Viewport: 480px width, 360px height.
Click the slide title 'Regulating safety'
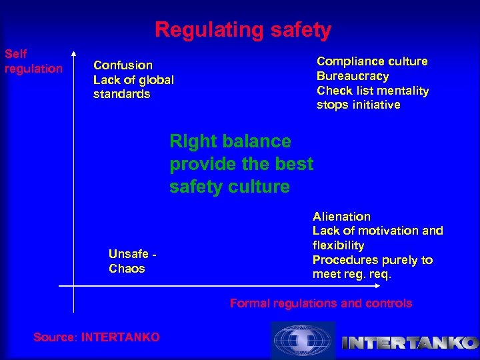243,30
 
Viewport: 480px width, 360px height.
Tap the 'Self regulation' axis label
33,61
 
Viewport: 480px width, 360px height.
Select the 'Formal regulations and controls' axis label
321,303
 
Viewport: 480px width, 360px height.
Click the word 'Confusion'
123,65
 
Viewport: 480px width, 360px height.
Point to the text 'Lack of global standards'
133,87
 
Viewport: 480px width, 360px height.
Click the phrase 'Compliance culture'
372,61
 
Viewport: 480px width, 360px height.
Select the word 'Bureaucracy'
353,76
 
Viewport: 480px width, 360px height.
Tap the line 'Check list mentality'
373,91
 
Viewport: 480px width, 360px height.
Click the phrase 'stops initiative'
358,105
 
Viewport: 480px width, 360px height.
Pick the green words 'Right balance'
230,141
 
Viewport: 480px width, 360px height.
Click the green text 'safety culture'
229,187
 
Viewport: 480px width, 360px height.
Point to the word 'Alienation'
341,217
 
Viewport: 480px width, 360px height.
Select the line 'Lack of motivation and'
377,231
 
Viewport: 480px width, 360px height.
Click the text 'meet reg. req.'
352,275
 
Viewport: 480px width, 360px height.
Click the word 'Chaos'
126,269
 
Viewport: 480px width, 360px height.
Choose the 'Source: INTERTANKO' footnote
97,337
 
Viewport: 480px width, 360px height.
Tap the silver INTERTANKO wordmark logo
409,343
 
